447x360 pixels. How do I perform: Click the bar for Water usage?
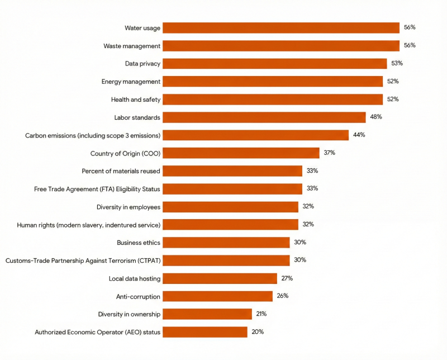tap(281, 28)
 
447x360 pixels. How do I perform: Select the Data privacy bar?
tap(274, 64)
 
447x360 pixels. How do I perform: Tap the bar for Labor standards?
tap(264, 117)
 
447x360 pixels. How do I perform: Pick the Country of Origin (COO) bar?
tap(241, 153)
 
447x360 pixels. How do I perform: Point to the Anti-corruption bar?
tap(217, 296)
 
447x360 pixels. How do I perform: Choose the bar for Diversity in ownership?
tap(207, 314)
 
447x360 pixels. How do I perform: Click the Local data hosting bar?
tap(220, 278)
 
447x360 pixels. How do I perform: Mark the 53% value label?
tap(397, 63)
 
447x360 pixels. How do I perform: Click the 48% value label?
tap(375, 117)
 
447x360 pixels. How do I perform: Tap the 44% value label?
tap(359, 135)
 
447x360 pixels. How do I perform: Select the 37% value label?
tap(329, 153)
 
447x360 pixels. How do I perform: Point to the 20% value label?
tap(257, 331)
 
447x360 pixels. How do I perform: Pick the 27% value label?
tap(287, 278)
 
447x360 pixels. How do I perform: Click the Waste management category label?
tap(132, 46)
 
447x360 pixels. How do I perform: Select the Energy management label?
tap(131, 82)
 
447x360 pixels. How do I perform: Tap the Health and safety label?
tap(136, 100)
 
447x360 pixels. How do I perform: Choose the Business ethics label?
tap(139, 243)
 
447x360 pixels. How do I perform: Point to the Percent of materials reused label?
tap(121, 171)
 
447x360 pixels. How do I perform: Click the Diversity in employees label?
tap(129, 207)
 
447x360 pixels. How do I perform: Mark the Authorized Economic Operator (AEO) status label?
tap(98, 332)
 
